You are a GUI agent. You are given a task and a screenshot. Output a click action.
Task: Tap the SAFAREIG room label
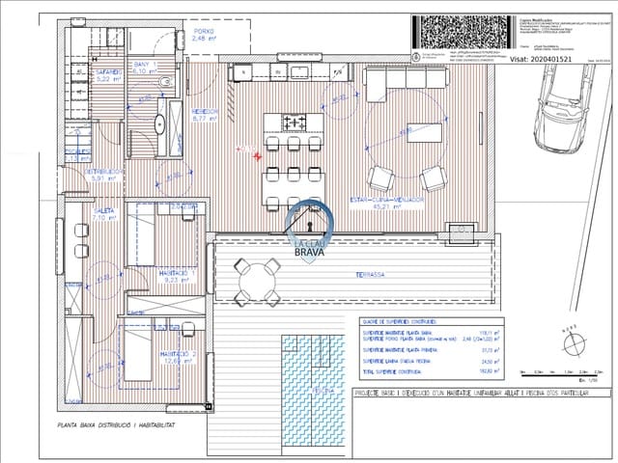click(107, 76)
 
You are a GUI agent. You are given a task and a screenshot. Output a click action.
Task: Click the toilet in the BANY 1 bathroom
click(167, 83)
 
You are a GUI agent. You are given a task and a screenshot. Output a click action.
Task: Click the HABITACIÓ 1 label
click(178, 276)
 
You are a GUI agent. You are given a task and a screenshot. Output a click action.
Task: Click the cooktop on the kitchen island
click(295, 122)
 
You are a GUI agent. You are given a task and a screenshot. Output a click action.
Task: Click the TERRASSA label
click(370, 275)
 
